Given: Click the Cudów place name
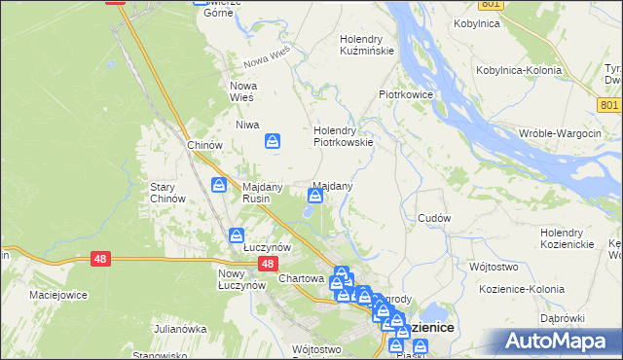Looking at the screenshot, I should tap(433, 218).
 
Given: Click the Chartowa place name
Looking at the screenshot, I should tap(301, 278).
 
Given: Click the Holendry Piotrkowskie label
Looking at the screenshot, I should tap(343, 135).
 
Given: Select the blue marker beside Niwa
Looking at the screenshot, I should tap(274, 142).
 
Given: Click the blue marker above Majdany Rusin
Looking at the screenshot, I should tap(221, 185).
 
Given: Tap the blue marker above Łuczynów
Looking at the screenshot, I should tap(237, 235).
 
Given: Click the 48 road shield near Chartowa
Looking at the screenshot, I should tap(269, 264).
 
